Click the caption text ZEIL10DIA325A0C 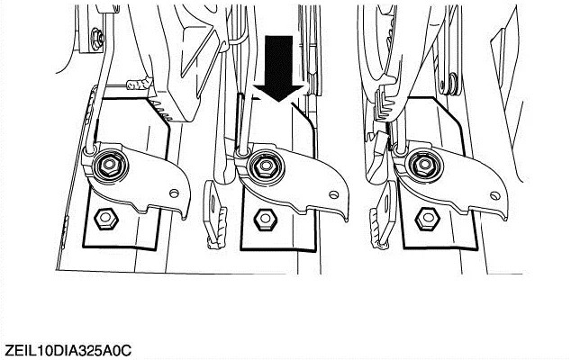coord(68,350)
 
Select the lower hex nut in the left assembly coord(106,219)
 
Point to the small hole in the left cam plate coord(175,193)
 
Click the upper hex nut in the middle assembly coord(265,166)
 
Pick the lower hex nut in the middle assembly coord(266,219)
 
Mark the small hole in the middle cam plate coord(333,194)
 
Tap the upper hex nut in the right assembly coord(424,165)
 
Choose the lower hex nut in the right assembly coord(428,219)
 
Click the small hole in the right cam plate coord(494,195)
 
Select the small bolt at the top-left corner coord(97,38)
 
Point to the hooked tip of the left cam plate coord(185,217)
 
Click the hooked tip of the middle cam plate coord(345,220)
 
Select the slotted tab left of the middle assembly coord(214,215)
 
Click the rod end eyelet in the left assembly coord(89,149)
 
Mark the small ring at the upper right coord(453,81)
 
